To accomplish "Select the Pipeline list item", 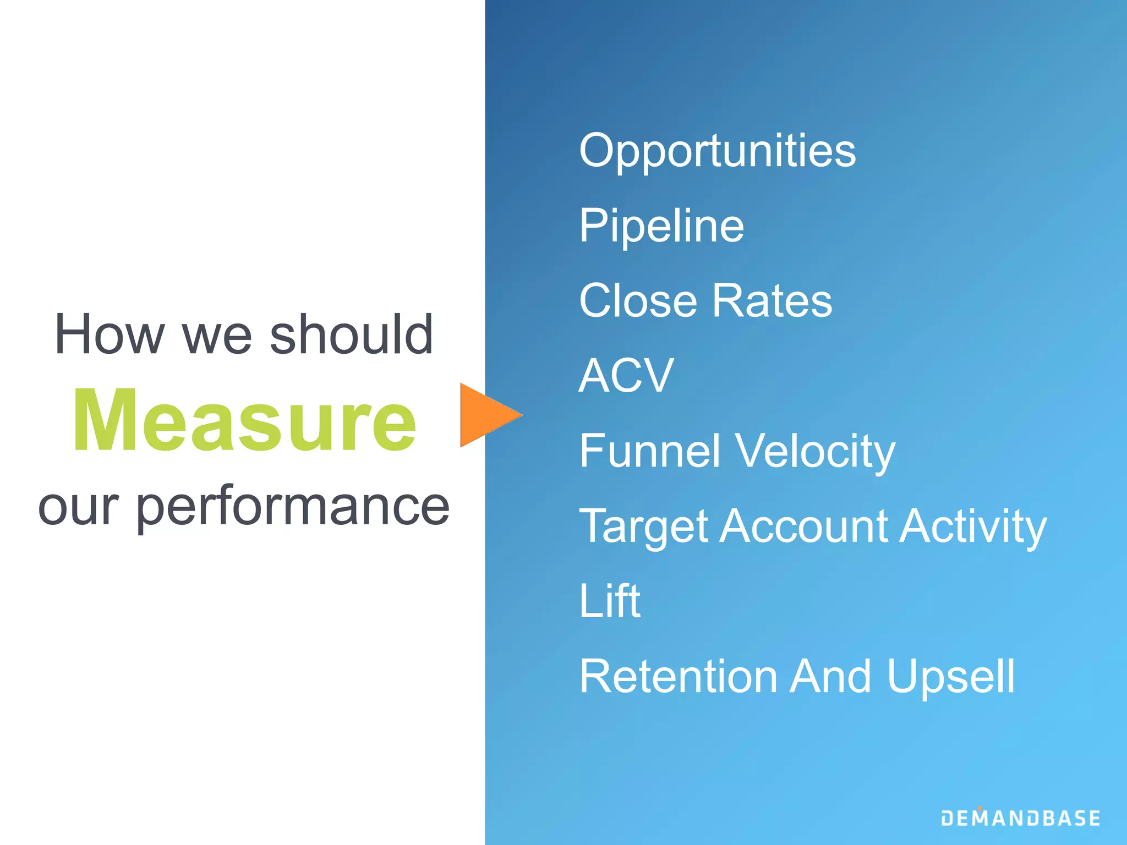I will [x=661, y=226].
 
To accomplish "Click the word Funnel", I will [x=649, y=451].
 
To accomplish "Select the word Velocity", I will [x=816, y=452].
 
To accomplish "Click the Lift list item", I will [x=610, y=601].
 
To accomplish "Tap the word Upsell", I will [x=950, y=677].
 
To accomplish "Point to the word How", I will [x=110, y=334].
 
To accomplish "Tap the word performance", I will [x=293, y=507].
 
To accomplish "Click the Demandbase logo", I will [x=1020, y=817].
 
